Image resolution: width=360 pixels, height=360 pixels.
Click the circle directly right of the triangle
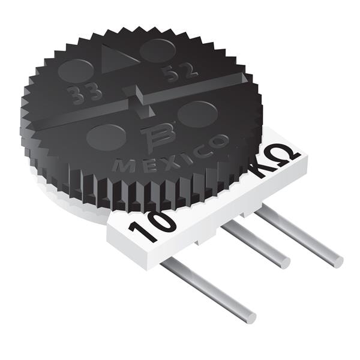[x=158, y=50]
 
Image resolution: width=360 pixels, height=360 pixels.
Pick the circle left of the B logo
[x=106, y=136]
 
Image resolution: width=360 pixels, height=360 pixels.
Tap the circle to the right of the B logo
[x=197, y=113]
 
